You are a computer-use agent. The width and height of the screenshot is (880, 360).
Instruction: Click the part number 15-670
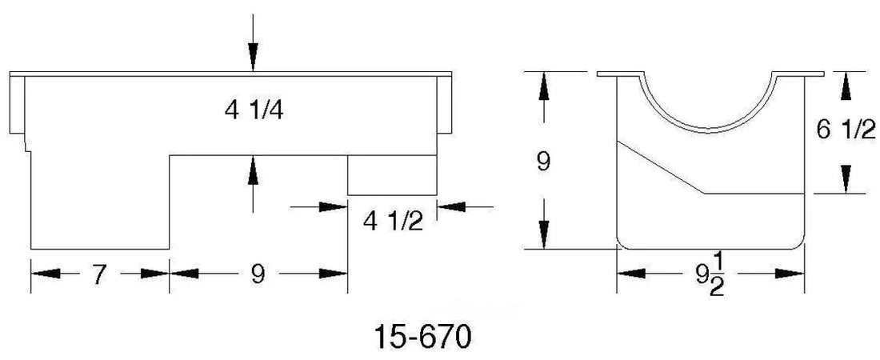click(422, 337)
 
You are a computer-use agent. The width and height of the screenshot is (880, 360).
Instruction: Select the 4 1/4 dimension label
click(254, 110)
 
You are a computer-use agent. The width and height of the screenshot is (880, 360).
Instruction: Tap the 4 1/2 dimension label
click(393, 222)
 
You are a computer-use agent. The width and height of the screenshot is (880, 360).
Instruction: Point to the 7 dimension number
click(98, 274)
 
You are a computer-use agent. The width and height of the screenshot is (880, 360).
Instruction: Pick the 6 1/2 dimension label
click(846, 131)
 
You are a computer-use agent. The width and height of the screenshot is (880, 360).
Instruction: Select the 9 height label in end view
click(543, 162)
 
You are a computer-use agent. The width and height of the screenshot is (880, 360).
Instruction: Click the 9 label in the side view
click(257, 274)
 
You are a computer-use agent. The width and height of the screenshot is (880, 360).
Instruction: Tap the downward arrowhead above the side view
click(253, 57)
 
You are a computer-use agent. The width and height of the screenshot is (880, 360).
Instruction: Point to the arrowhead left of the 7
click(46, 274)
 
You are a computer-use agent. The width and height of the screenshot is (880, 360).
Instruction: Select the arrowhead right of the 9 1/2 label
click(790, 274)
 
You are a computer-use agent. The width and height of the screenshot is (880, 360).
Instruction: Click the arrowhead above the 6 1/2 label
click(846, 87)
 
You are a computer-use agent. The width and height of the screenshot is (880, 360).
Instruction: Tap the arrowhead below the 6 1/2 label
click(846, 179)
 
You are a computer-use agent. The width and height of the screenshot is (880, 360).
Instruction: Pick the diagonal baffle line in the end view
click(661, 167)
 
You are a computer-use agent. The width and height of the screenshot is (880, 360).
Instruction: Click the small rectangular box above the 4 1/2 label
click(392, 175)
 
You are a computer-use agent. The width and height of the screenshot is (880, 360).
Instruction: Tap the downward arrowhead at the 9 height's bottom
click(543, 234)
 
